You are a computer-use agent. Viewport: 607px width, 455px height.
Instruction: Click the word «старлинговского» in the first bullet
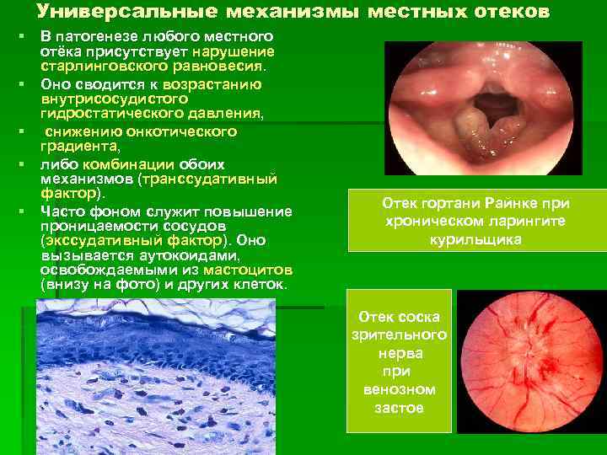click(x=94, y=64)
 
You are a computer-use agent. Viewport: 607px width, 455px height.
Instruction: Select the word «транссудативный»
click(x=221, y=179)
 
